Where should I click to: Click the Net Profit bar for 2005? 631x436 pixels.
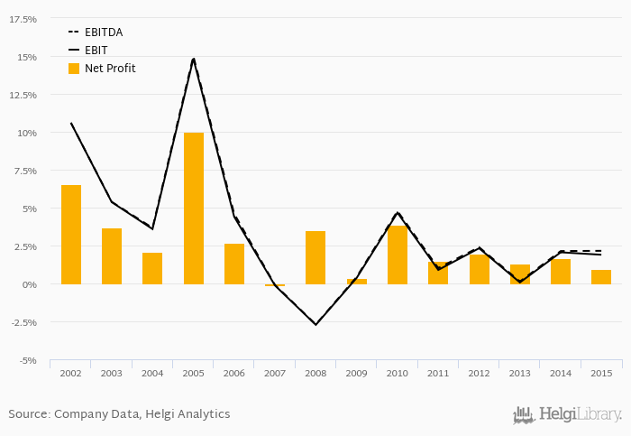[x=194, y=209]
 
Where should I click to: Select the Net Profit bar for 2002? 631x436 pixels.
[x=71, y=235]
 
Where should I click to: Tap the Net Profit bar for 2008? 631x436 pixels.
[x=315, y=257]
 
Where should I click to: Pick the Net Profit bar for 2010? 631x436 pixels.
[x=398, y=255]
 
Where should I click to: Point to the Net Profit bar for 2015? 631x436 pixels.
[x=601, y=277]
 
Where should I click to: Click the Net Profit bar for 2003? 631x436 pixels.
[x=112, y=256]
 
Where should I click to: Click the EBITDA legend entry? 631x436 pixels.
[x=103, y=32]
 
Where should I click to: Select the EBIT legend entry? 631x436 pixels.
[x=96, y=51]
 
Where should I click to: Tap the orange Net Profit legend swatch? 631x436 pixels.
[x=74, y=69]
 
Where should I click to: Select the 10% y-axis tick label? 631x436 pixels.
[x=26, y=133]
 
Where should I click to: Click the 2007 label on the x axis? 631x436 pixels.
[x=275, y=373]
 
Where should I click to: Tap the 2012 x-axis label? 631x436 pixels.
[x=479, y=373]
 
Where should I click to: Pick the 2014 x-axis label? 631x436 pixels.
[x=561, y=373]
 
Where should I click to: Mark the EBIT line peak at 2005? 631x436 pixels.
[x=194, y=59]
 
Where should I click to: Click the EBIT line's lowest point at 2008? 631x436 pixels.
[x=315, y=324]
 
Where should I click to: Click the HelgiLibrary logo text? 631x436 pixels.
[x=580, y=415]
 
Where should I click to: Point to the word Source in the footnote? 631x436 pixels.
[x=28, y=414]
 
